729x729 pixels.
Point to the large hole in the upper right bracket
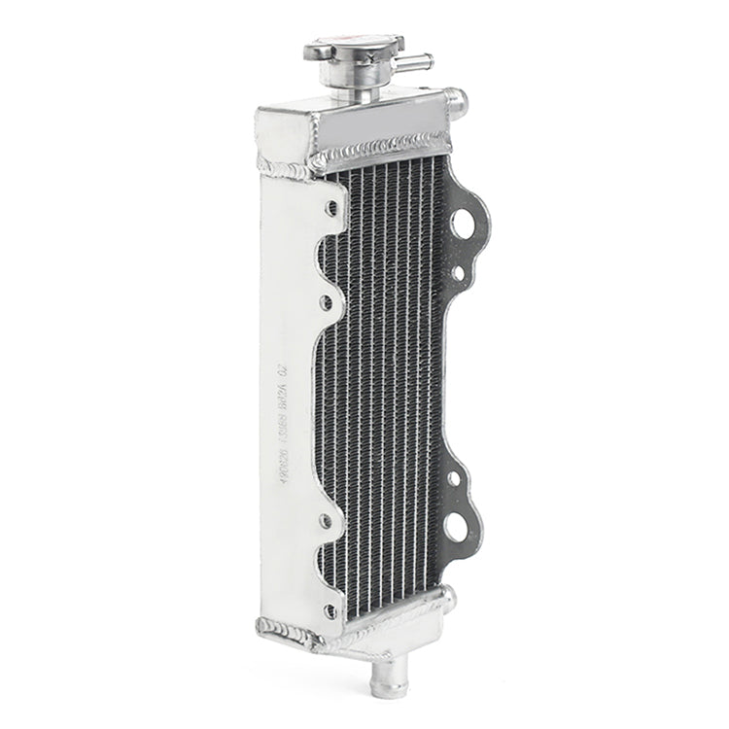click(463, 225)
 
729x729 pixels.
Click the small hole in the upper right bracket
click(458, 273)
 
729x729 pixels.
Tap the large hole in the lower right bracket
click(456, 529)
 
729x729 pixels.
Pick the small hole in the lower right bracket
click(453, 478)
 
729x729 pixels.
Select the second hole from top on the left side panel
click(327, 302)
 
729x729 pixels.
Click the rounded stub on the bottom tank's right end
click(447, 595)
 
